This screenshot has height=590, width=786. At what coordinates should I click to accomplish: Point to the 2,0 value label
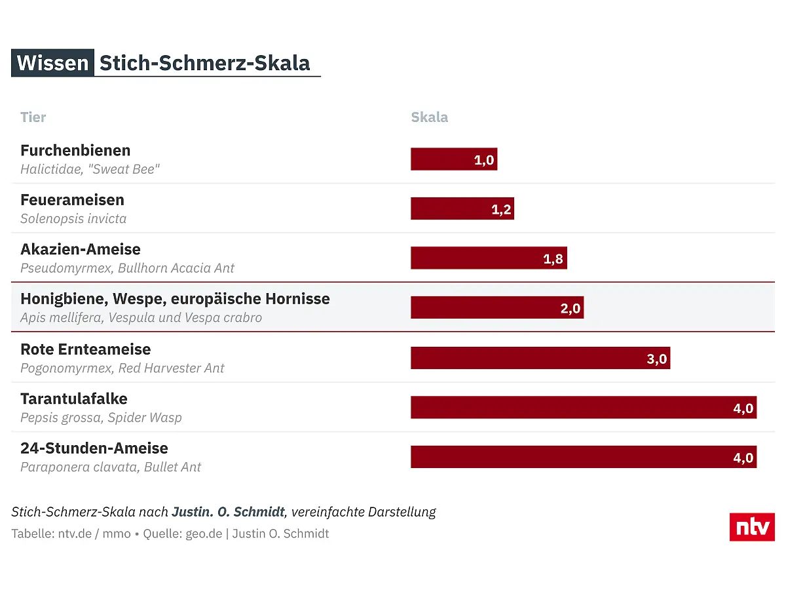571,308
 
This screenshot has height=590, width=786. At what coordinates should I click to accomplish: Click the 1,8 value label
553,259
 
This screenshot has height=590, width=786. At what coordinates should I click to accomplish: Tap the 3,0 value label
656,359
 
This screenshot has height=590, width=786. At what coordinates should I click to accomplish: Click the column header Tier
33,117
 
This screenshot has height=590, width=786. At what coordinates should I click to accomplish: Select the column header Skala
430,117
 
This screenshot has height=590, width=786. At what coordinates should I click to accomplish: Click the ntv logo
752,527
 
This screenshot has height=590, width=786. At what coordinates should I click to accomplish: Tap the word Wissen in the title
52,63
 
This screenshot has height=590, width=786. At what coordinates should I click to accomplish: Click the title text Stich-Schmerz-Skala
204,63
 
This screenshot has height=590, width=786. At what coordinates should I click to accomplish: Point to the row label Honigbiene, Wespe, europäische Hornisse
175,299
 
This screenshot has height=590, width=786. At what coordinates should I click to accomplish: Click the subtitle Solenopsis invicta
73,218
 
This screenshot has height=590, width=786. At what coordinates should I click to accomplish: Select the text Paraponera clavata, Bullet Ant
111,467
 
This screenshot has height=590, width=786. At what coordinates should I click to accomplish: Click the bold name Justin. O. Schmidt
229,512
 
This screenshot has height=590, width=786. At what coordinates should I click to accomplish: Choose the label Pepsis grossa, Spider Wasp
101,418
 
